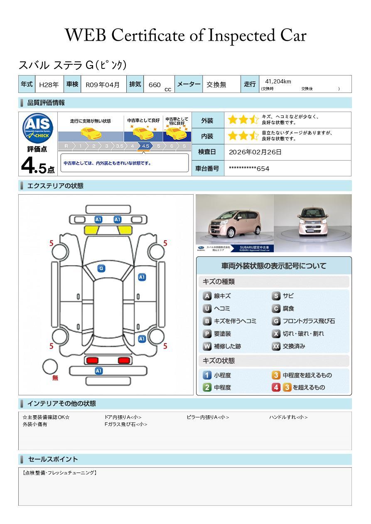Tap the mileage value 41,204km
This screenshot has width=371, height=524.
pos(278,81)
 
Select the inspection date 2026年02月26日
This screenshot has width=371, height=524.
pos(255,152)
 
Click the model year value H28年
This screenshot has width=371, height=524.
pos(49,85)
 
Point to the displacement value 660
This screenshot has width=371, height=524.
pos(155,85)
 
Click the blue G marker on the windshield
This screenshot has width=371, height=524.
pos(101,268)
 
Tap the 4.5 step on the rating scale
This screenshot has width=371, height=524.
pos(145,146)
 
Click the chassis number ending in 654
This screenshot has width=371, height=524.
pos(249,168)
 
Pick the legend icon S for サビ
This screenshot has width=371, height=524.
pos(276,296)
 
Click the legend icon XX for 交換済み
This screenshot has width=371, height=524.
pos(276,346)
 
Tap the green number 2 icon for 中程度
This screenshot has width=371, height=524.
pos(207,388)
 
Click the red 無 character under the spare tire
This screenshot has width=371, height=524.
pos(55,378)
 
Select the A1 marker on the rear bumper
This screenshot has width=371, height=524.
pos(99,371)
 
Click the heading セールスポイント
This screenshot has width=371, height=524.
pos(53,459)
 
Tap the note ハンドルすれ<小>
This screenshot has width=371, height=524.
pos(288,417)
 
